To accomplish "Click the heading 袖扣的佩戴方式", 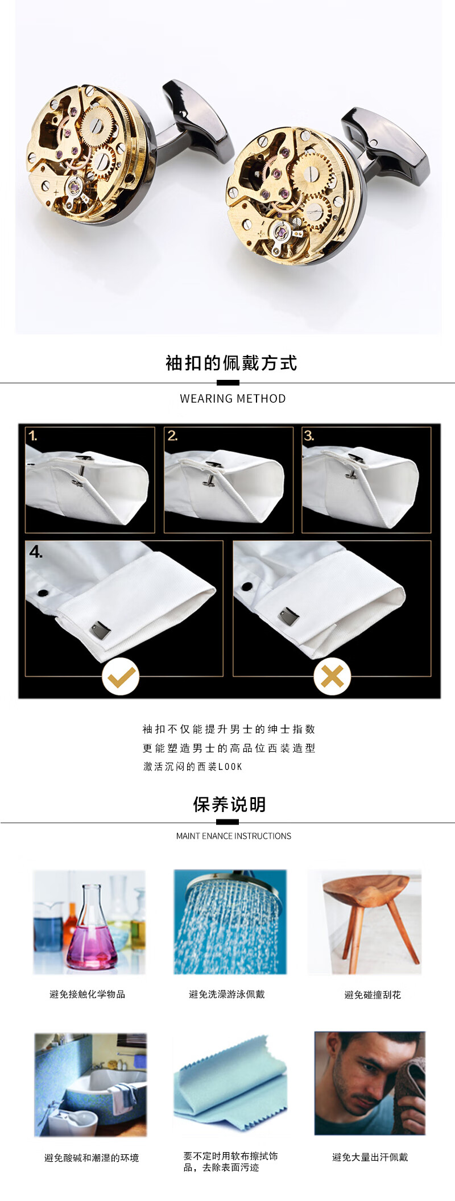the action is (231, 363).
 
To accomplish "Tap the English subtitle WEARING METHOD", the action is (233, 399).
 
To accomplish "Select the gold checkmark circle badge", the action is (121, 676).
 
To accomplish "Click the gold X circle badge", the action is (332, 676).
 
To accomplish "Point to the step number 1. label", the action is (33, 436).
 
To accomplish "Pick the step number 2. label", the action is (172, 436).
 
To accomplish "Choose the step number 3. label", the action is (309, 436).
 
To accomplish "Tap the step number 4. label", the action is (36, 552).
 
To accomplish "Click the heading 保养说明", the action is (229, 805).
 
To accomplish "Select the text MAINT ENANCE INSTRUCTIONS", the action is (234, 836).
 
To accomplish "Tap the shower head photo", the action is (230, 922).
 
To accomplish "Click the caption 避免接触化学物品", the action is (87, 994).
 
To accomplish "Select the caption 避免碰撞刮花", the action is (373, 995).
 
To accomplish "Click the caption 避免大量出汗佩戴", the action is (370, 1157).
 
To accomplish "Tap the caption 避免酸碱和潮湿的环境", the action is (92, 1157).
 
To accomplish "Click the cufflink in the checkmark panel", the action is (101, 630).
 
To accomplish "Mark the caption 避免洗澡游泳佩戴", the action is (227, 994).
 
